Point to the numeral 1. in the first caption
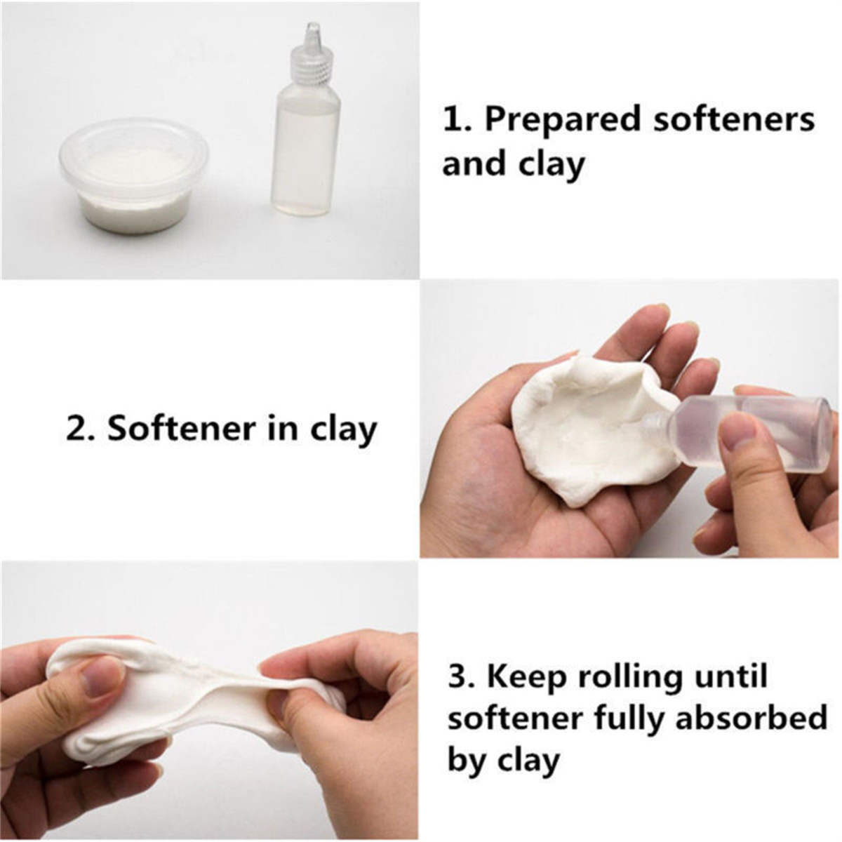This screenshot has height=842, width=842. tap(456, 119)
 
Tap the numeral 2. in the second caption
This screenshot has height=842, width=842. tap(81, 429)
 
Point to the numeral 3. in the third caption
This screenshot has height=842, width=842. tap(463, 677)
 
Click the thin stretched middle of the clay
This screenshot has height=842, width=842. tap(232, 695)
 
